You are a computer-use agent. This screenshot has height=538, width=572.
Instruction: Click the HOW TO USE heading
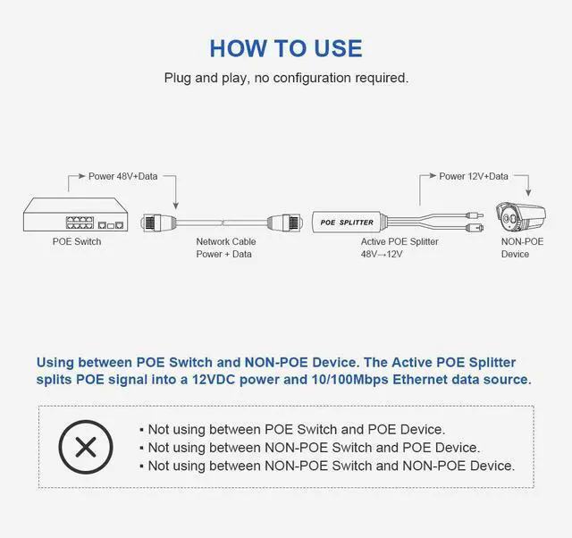286,47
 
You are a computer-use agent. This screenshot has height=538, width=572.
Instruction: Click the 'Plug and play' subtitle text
286,78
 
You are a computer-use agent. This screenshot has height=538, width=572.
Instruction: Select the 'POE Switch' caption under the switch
76,241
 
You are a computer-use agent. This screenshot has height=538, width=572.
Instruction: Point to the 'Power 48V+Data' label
122,176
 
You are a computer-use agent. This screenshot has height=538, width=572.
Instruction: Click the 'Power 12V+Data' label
474,176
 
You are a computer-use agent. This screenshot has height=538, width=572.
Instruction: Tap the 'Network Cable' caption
226,241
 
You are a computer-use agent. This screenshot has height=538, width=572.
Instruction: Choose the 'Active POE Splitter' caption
400,241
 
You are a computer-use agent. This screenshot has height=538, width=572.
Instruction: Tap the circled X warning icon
86,446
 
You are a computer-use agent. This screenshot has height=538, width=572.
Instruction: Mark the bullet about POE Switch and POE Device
296,429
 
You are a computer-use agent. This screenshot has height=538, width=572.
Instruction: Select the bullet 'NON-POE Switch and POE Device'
314,447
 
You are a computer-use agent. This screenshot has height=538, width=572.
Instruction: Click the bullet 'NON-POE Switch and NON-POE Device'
331,466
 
